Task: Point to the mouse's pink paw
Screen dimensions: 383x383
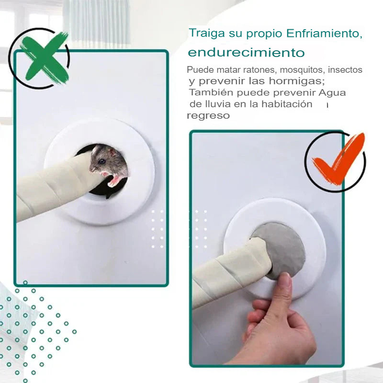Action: pos(115,180)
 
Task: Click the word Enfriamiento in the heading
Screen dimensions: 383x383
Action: pos(323,34)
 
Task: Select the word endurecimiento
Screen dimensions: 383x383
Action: pos(246,52)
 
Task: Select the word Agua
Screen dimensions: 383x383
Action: pos(332,92)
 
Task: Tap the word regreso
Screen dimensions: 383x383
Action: pos(208,115)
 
